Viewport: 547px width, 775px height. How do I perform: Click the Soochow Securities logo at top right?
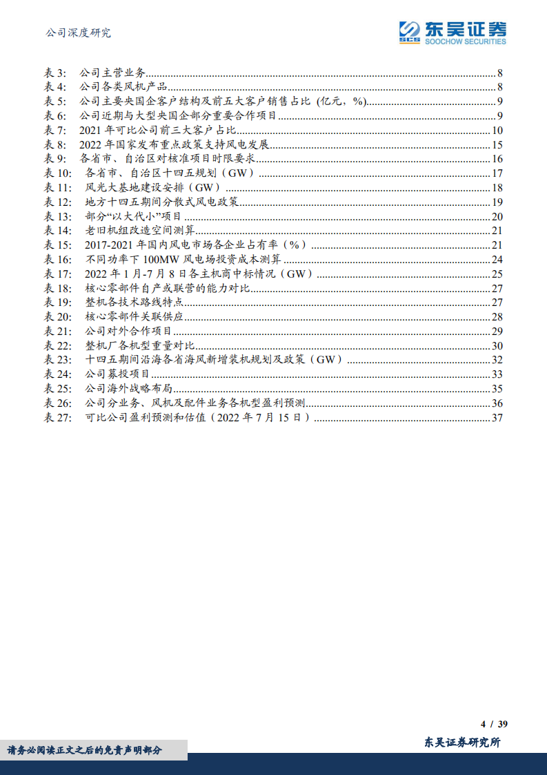pyautogui.click(x=452, y=32)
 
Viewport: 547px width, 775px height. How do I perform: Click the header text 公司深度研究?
pyautogui.click(x=77, y=32)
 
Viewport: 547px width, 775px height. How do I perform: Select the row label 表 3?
pyautogui.click(x=55, y=73)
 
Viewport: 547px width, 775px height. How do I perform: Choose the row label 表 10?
pyautogui.click(x=58, y=173)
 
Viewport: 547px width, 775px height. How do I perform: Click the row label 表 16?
pyautogui.click(x=58, y=260)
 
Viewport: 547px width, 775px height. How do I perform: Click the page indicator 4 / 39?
pyautogui.click(x=494, y=724)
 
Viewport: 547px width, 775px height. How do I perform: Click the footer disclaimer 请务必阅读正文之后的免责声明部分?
pyautogui.click(x=85, y=750)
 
